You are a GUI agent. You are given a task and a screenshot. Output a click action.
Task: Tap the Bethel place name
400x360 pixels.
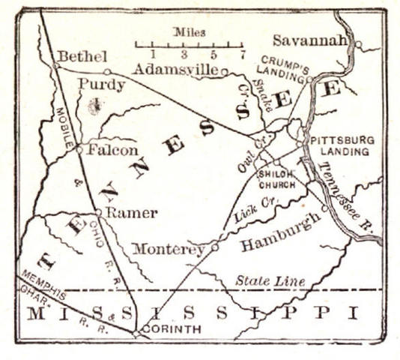[x=82, y=56]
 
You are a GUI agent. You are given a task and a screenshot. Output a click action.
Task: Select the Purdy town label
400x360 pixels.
[x=101, y=85]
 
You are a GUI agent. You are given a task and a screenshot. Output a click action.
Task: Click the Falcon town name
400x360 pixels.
[x=112, y=149]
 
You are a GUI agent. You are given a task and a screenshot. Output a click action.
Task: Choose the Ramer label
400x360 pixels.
[x=131, y=213]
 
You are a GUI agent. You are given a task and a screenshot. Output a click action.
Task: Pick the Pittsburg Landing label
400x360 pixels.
[x=340, y=145]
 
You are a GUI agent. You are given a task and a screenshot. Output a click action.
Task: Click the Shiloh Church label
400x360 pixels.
[x=276, y=178]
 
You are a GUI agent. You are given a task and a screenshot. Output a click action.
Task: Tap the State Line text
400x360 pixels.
[x=270, y=280]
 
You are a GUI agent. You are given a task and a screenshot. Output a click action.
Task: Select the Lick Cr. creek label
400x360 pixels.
[x=256, y=207]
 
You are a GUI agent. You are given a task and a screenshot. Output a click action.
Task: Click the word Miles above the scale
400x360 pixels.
[x=189, y=32]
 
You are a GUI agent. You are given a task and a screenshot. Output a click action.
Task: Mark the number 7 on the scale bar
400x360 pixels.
[x=243, y=55]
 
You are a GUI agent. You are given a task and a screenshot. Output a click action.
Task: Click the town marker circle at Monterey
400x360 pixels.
[x=215, y=246]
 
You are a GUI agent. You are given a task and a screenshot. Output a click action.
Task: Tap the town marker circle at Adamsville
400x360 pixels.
[x=224, y=72]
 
